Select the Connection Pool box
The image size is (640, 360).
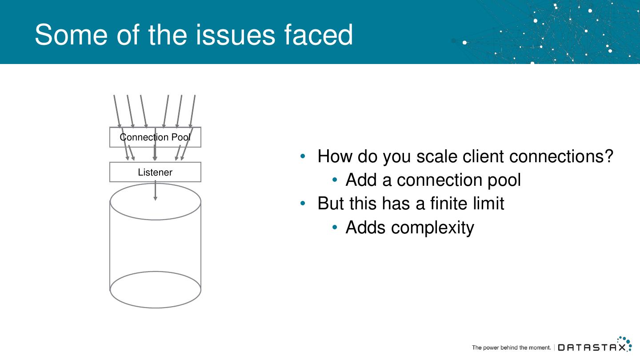pos(155,137)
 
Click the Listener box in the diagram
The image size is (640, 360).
pos(155,172)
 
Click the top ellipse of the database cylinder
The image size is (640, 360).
pos(155,209)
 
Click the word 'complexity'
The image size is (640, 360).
pos(432,228)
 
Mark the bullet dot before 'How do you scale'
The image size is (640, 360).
pos(303,156)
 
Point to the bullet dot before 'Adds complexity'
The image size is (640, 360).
pos(336,228)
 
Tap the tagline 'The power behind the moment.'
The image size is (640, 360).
pos(511,348)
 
